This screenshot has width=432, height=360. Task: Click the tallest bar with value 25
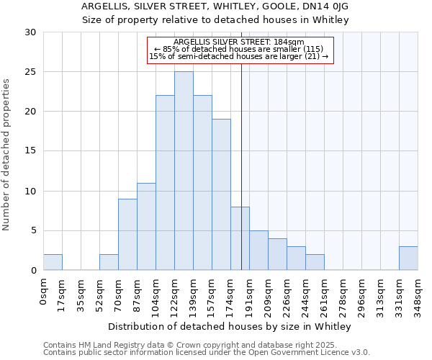(x=184, y=171)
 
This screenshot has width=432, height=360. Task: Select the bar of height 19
(x=221, y=194)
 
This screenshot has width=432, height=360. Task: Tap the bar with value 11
(x=146, y=226)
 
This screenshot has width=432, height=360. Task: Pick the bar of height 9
(x=127, y=234)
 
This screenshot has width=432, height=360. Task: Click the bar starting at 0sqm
(x=53, y=262)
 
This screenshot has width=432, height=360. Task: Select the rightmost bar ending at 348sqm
(x=408, y=258)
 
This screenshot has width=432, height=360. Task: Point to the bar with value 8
(x=240, y=238)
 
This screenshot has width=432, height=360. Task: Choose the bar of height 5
(x=258, y=250)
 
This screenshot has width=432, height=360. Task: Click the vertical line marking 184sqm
(x=241, y=166)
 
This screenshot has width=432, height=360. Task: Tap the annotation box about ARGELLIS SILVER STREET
(x=240, y=50)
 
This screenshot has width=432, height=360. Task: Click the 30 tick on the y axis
(x=30, y=32)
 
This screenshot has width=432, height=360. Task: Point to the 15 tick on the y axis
(x=30, y=151)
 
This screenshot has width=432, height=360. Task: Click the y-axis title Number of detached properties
(x=6, y=155)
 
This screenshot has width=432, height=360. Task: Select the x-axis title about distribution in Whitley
(x=230, y=327)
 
